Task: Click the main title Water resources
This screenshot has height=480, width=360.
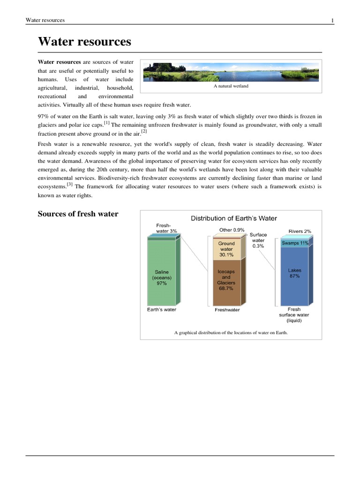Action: click(84, 42)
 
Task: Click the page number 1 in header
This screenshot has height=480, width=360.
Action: click(332, 21)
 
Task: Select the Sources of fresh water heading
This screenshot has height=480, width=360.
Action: click(78, 214)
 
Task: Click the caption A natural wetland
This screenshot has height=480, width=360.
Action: click(231, 86)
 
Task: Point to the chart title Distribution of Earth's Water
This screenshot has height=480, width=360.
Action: click(233, 218)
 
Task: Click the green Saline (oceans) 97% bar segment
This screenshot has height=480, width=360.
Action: click(162, 277)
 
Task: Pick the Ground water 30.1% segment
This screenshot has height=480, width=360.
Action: click(226, 249)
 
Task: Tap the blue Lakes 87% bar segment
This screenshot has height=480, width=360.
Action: click(294, 277)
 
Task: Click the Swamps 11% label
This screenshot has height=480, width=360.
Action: click(295, 243)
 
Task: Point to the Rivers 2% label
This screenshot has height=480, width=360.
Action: click(300, 231)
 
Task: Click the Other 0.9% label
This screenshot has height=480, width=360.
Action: click(231, 230)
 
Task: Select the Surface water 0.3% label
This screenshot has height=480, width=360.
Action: click(258, 240)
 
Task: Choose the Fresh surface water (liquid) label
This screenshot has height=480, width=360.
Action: click(294, 315)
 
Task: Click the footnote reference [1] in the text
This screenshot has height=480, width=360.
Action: click(107, 123)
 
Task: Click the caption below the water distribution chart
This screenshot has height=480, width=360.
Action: click(231, 333)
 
